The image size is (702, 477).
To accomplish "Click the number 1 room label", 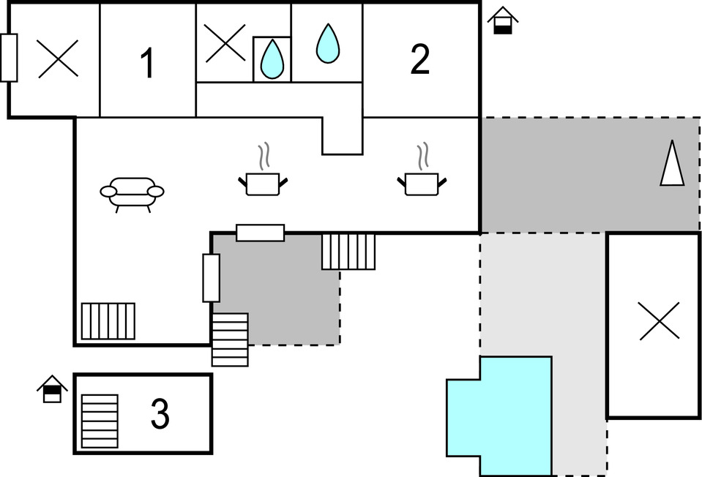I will pyautogui.click(x=148, y=64).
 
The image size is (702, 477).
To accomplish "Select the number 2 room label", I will pyautogui.click(x=419, y=61).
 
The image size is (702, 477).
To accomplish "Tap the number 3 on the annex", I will pyautogui.click(x=160, y=415).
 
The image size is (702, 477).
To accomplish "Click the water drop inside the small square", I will pyautogui.click(x=272, y=59).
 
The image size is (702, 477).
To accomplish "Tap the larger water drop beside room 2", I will pyautogui.click(x=327, y=43).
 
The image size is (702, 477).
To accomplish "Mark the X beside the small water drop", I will pyautogui.click(x=224, y=43).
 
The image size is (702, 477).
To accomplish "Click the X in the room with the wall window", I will pyautogui.click(x=58, y=59).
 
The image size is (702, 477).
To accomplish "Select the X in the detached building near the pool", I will pyautogui.click(x=659, y=321).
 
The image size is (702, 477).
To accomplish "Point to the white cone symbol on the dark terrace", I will pyautogui.click(x=672, y=163).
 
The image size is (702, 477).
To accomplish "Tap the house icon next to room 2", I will pyautogui.click(x=503, y=20).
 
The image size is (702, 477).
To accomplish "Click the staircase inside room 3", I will pyautogui.click(x=100, y=421).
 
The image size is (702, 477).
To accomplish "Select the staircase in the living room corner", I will pyautogui.click(x=108, y=321).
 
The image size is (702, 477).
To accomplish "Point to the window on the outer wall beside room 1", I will pyautogui.click(x=9, y=58).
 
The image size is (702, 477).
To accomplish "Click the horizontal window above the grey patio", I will pyautogui.click(x=260, y=233).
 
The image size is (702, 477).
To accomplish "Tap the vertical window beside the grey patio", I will pyautogui.click(x=211, y=278).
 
